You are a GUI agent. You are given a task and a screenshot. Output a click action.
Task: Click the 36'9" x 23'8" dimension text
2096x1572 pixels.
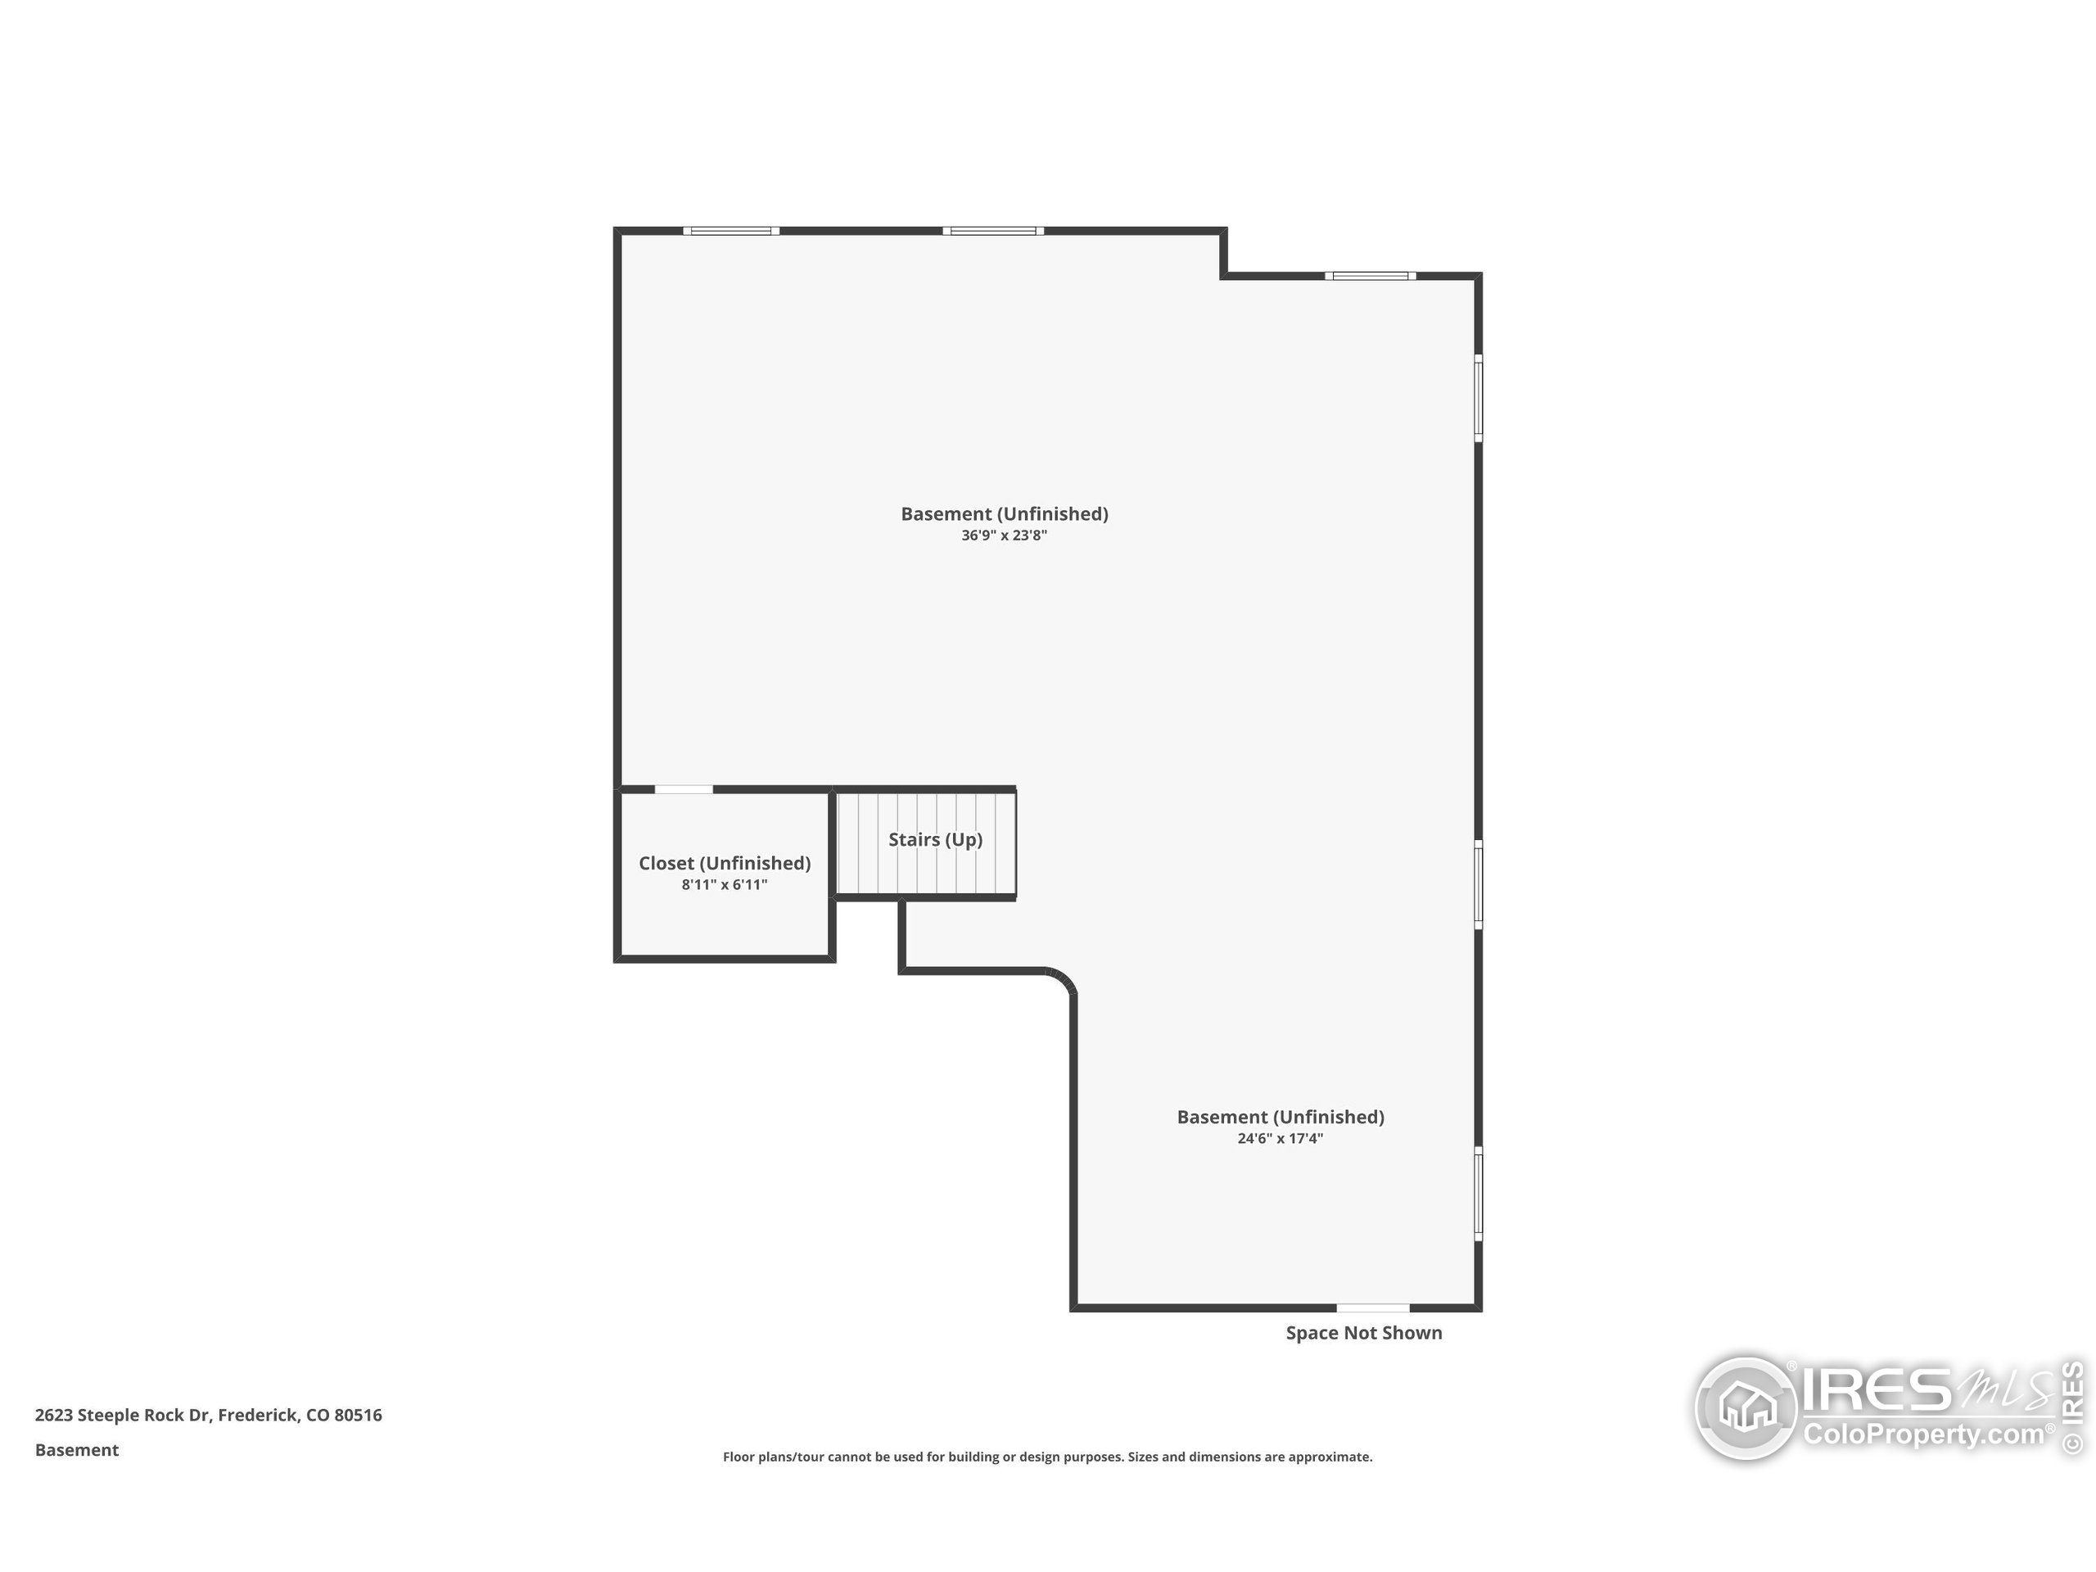pyautogui.click(x=1005, y=535)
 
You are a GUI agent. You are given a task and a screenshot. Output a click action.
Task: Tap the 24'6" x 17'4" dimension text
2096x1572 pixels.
pyautogui.click(x=1281, y=1138)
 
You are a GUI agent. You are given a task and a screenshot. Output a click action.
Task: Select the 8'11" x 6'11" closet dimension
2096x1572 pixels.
pyautogui.click(x=724, y=884)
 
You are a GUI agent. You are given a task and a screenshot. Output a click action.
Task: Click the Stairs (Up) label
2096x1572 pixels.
pyautogui.click(x=935, y=839)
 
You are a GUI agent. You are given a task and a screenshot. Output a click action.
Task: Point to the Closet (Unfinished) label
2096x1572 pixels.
pyautogui.click(x=725, y=863)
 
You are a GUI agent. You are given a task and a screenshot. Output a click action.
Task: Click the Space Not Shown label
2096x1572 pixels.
pyautogui.click(x=1363, y=1332)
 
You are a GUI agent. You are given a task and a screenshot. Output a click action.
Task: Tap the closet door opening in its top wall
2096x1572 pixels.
pyautogui.click(x=684, y=789)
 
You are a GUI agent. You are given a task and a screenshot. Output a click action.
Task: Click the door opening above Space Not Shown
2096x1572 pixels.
pyautogui.click(x=1373, y=1308)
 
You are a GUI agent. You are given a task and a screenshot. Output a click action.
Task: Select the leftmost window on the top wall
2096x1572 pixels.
pyautogui.click(x=731, y=231)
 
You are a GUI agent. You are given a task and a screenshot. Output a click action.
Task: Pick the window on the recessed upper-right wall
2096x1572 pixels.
pyautogui.click(x=1370, y=277)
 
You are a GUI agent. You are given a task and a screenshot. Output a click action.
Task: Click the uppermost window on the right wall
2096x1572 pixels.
pyautogui.click(x=1478, y=398)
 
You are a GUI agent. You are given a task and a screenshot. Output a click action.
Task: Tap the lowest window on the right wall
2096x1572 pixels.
pyautogui.click(x=1478, y=1194)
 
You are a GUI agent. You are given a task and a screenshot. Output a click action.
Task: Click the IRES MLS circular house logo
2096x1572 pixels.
pyautogui.click(x=1746, y=1407)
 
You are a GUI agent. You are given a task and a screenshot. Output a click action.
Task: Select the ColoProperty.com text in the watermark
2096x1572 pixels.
pyautogui.click(x=1922, y=1434)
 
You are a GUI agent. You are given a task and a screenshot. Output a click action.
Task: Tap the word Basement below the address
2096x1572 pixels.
pyautogui.click(x=77, y=1450)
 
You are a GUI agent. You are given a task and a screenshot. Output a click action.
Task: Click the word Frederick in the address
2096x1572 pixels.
pyautogui.click(x=258, y=1416)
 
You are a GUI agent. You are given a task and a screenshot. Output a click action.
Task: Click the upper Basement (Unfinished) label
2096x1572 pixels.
pyautogui.click(x=1005, y=513)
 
